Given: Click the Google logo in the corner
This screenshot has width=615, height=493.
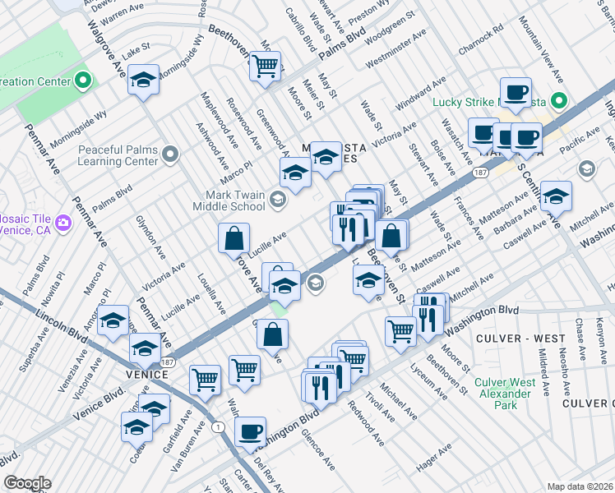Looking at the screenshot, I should tap(26, 483).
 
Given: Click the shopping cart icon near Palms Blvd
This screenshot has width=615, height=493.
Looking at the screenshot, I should tap(266, 66).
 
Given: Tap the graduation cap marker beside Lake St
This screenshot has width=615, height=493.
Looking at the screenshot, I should tap(144, 81).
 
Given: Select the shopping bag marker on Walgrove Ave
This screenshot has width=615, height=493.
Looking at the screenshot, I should tap(234, 238).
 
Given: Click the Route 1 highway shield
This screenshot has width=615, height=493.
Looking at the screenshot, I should tap(217, 427).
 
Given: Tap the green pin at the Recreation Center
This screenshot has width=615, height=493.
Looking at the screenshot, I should tap(83, 81).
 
